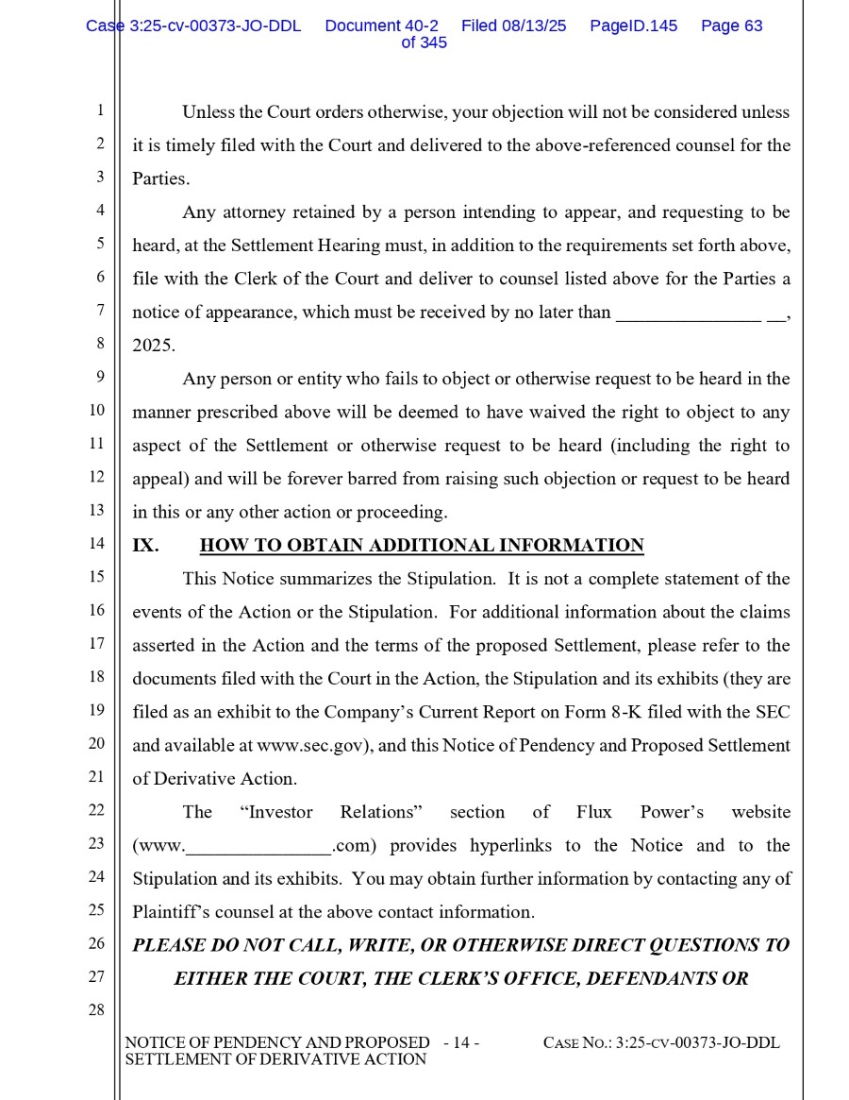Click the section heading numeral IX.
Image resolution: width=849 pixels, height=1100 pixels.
(x=145, y=546)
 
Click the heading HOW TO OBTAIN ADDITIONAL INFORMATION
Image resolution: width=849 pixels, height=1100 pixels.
(x=422, y=546)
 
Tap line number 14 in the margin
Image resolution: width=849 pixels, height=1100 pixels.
(x=96, y=544)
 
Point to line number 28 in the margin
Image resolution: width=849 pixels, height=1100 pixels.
(x=96, y=1010)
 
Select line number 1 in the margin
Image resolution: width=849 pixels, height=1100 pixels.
(x=99, y=111)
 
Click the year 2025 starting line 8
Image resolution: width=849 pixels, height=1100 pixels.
(x=154, y=346)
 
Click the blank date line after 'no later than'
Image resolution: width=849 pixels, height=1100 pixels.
(x=688, y=313)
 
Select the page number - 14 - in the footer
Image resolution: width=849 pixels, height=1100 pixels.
(x=461, y=1043)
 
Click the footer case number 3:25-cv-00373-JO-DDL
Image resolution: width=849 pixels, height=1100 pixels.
(x=697, y=1043)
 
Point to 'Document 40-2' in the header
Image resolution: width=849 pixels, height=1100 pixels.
(x=381, y=26)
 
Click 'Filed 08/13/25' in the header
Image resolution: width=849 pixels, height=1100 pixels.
(x=513, y=26)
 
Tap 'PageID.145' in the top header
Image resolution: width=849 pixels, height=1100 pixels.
(x=633, y=26)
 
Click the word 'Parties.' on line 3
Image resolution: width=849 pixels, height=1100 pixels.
(x=160, y=179)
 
